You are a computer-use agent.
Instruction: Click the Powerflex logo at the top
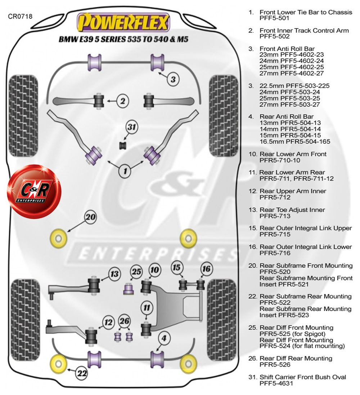[123, 22]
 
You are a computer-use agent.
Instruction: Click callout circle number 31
[132, 127]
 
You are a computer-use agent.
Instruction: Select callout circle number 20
[91, 217]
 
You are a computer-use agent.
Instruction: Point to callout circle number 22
[82, 373]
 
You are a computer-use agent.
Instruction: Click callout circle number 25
[136, 272]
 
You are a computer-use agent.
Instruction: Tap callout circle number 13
[114, 274]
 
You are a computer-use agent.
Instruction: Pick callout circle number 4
[164, 338]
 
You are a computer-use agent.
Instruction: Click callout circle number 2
[123, 101]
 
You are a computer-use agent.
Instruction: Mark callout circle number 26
[125, 321]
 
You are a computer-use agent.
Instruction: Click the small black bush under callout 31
[122, 145]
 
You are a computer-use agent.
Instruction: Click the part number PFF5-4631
[276, 383]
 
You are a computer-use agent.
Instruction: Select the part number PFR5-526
[275, 365]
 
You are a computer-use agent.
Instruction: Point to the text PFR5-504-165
[295, 142]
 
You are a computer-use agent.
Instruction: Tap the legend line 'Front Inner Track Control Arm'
[304, 30]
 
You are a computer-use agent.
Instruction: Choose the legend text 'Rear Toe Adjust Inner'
[292, 210]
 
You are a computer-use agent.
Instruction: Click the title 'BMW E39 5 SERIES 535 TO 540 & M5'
[123, 39]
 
